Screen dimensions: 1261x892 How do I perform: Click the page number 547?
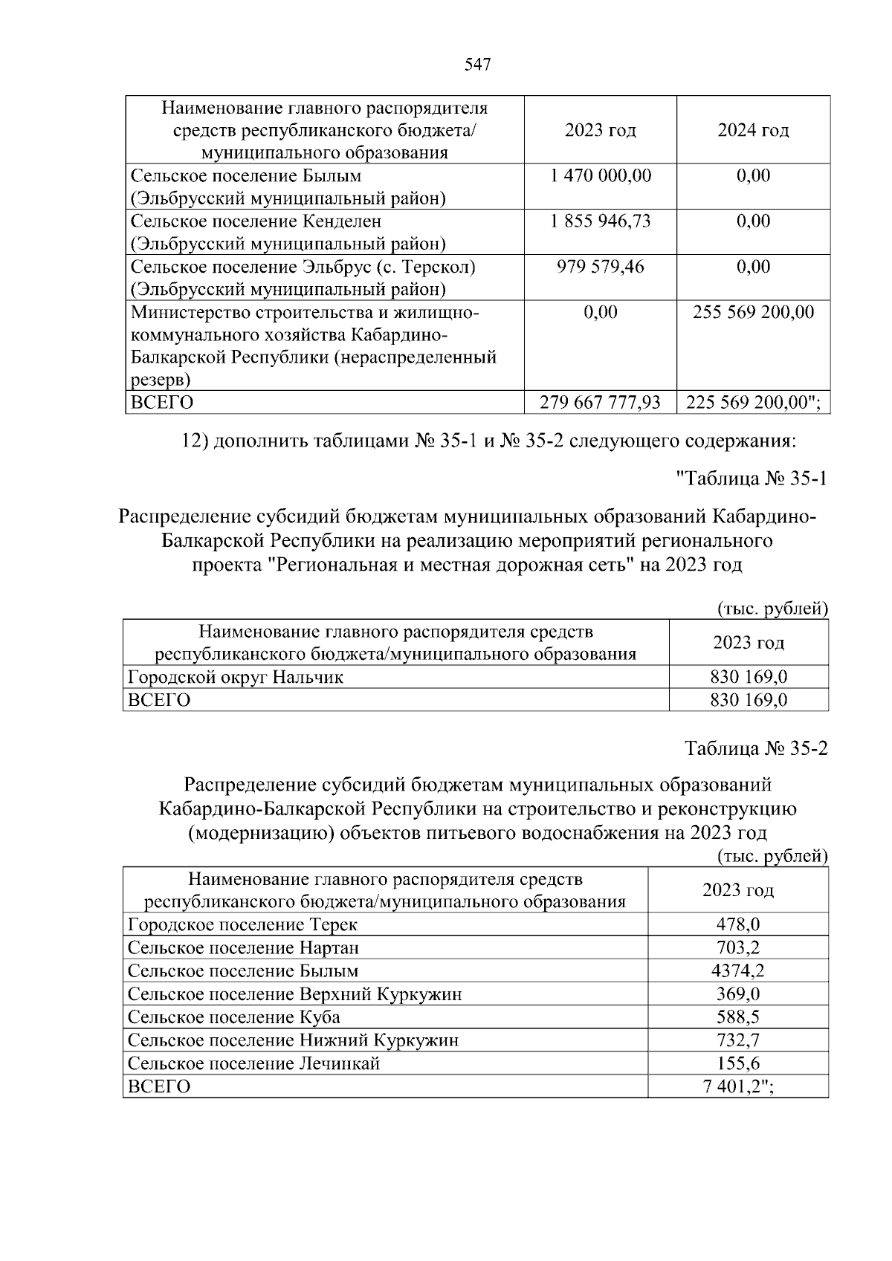click(477, 65)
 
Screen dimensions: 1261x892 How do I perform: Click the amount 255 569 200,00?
click(753, 311)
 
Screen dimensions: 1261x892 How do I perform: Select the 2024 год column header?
click(753, 130)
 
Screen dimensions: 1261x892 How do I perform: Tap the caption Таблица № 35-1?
click(751, 479)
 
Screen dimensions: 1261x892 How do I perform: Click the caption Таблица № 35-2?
click(756, 748)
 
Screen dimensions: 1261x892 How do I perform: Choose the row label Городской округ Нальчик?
click(236, 677)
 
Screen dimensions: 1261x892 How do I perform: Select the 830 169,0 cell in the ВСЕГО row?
click(748, 700)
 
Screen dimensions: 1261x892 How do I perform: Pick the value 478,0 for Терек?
click(737, 924)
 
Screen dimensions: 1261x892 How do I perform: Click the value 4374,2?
click(737, 970)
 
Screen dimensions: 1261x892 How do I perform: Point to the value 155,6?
click(737, 1063)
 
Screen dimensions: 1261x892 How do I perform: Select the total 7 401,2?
click(737, 1086)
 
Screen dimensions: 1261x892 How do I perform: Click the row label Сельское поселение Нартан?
click(243, 947)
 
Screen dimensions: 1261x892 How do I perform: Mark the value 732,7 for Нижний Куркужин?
click(737, 1040)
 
